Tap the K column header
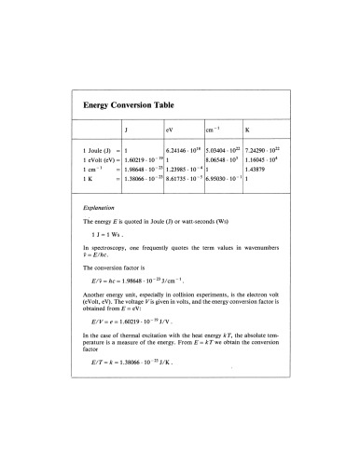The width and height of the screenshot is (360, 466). [x=246, y=130]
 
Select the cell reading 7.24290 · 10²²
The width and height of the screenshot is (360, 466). [x=262, y=148]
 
